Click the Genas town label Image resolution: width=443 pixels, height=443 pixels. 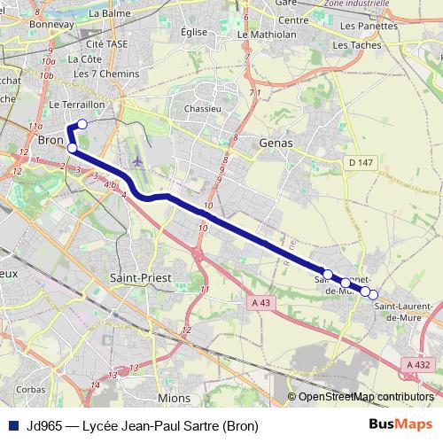pos(275,142)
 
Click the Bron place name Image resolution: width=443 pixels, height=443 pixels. pos(50,140)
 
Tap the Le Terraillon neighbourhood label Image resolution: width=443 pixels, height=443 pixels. pos(77,104)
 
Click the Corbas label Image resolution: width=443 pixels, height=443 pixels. pos(30,389)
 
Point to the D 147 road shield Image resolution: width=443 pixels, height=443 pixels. pos(361,162)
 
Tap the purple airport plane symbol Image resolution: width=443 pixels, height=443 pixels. pos(136,160)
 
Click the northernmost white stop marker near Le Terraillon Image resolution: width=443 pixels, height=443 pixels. pos(82,124)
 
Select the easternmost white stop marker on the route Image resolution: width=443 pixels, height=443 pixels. pos(373,294)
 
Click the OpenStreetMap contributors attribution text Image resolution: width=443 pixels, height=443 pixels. pos(366,397)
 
